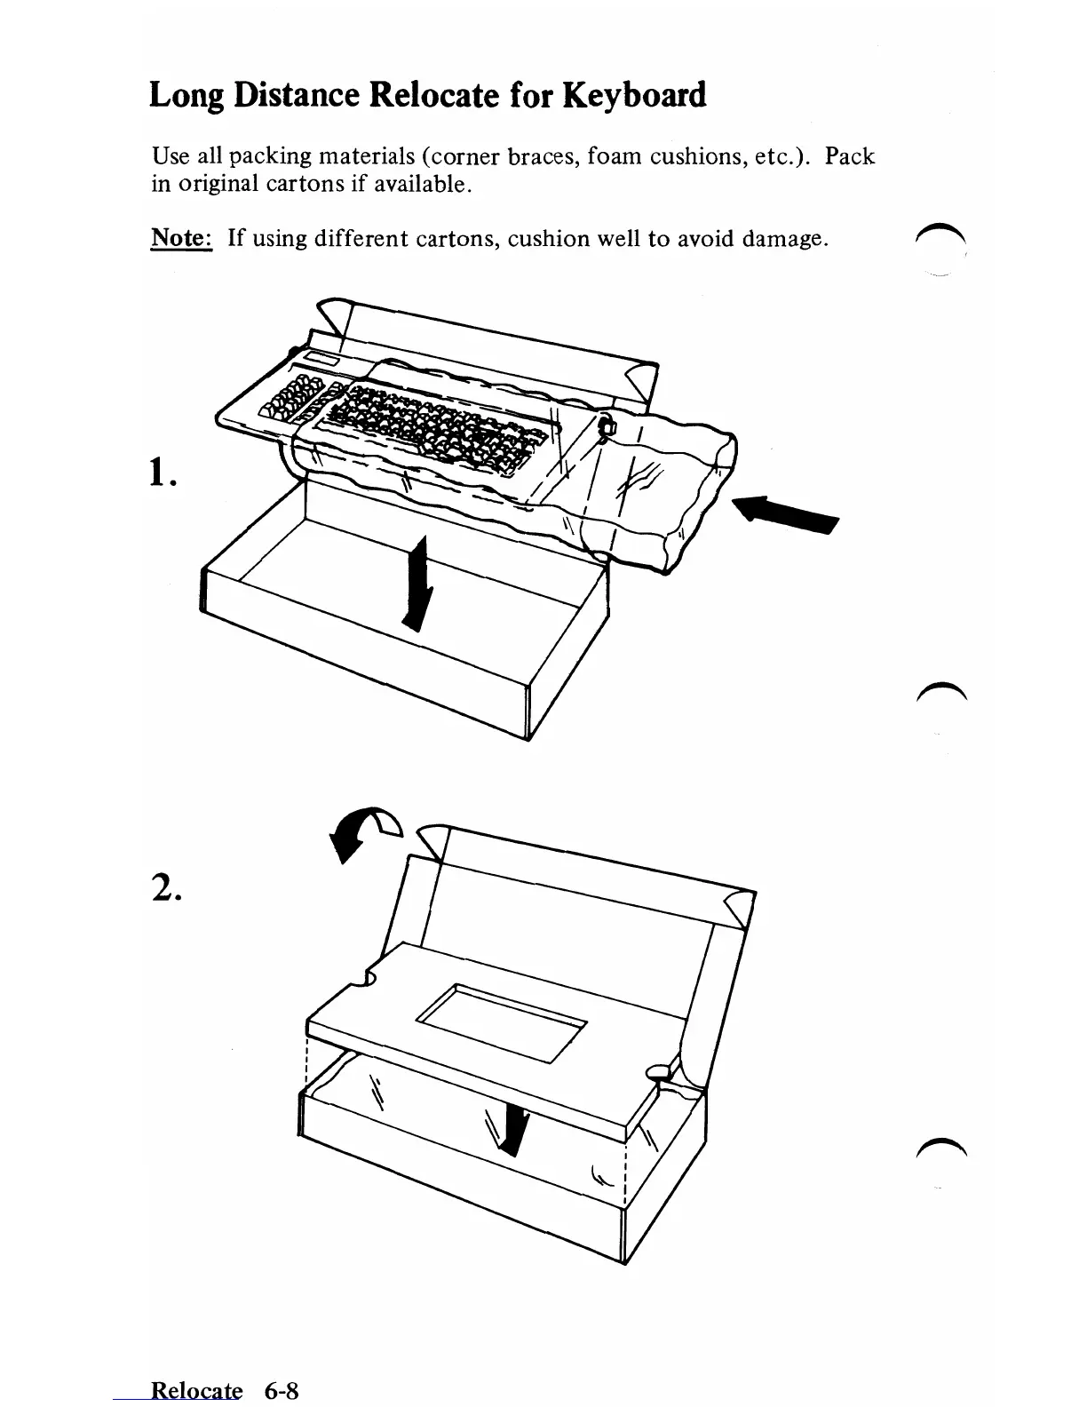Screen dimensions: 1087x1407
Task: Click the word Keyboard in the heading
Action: (x=634, y=94)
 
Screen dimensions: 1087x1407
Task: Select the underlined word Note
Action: (x=180, y=238)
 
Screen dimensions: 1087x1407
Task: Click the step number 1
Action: (x=162, y=476)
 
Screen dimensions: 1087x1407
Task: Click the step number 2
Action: (x=165, y=885)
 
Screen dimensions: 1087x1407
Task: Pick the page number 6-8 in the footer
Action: (x=281, y=1390)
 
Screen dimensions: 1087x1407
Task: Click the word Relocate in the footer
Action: (x=196, y=1390)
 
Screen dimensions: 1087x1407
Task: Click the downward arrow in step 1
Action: (x=417, y=583)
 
